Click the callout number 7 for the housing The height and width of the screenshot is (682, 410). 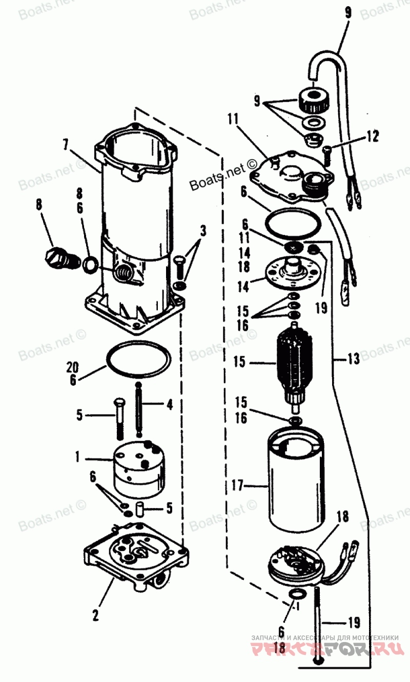coord(66,144)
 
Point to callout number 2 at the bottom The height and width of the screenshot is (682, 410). coord(95,615)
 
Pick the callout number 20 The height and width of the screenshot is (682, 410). coord(73,366)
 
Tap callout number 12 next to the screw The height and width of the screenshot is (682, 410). coord(373,136)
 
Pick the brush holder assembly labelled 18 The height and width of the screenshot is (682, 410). coord(296,565)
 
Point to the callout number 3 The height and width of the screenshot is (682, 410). coord(203,230)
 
